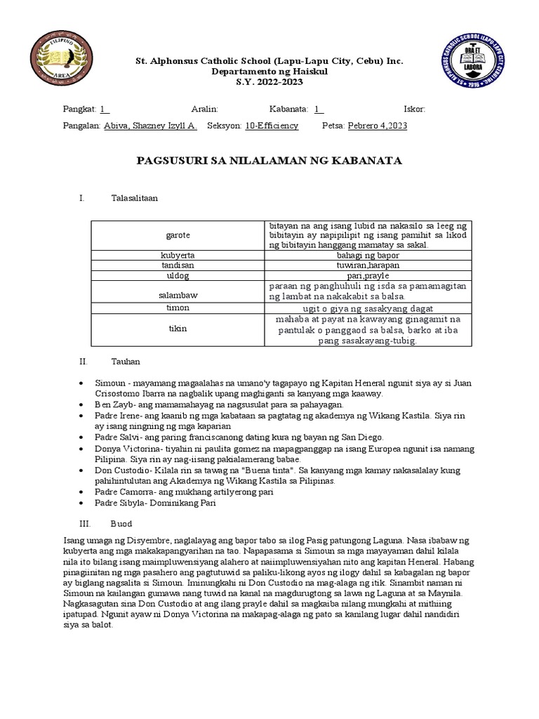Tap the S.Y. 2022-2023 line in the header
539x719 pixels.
point(269,83)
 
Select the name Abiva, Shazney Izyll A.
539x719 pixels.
point(150,126)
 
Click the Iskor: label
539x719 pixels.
point(414,109)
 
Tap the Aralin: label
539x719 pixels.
point(205,109)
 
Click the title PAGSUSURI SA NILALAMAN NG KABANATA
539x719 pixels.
point(269,161)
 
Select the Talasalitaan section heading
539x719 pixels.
point(135,198)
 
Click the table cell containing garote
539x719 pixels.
point(178,235)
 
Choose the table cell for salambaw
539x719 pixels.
point(178,295)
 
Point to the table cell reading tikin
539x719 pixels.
point(178,329)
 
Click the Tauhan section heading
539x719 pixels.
point(126,361)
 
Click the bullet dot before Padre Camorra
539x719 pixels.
point(83,492)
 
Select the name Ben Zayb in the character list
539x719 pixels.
point(109,405)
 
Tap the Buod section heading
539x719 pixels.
point(121,524)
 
